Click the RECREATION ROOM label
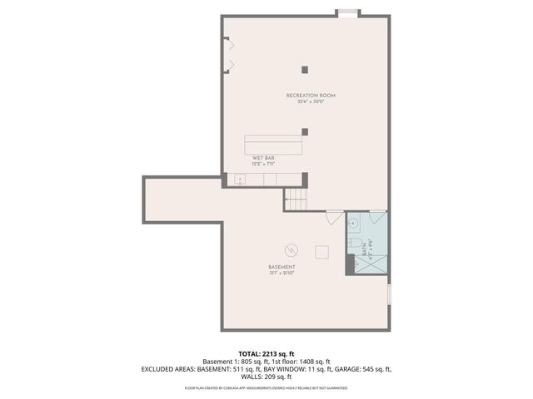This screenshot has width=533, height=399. click(311, 96)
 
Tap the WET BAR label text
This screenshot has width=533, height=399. click(264, 157)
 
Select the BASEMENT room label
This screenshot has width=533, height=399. click(283, 267)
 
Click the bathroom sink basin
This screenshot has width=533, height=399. click(353, 224)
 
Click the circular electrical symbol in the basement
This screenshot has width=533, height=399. click(291, 249)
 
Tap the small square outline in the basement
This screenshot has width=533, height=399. click(321, 252)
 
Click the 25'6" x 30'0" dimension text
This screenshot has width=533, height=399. click(311, 102)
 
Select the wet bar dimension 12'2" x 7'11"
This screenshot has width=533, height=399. click(264, 164)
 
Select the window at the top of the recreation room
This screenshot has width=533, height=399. click(347, 12)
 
